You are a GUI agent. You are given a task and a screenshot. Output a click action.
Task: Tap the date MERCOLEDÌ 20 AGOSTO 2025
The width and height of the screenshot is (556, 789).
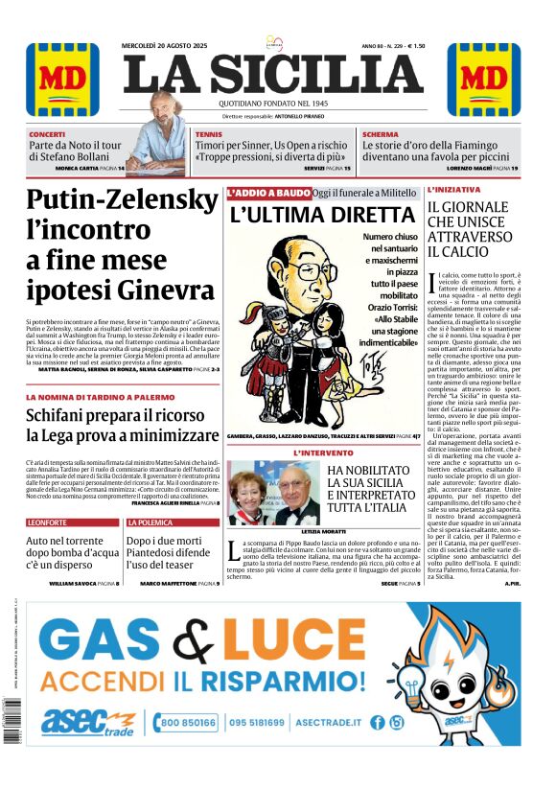tap(164, 45)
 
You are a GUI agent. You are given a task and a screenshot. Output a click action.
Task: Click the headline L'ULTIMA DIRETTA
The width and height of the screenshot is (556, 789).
tap(321, 215)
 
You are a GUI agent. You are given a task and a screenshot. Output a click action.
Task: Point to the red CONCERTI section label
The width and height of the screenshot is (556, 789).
tap(47, 134)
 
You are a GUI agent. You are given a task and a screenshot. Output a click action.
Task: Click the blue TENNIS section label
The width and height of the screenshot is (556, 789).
tap(208, 134)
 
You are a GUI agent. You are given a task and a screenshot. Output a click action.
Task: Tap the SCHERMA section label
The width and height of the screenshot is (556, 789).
tap(380, 134)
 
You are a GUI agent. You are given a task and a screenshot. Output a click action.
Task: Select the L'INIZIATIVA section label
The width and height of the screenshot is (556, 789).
tap(454, 190)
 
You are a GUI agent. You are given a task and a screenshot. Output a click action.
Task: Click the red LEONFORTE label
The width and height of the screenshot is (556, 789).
tap(47, 522)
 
